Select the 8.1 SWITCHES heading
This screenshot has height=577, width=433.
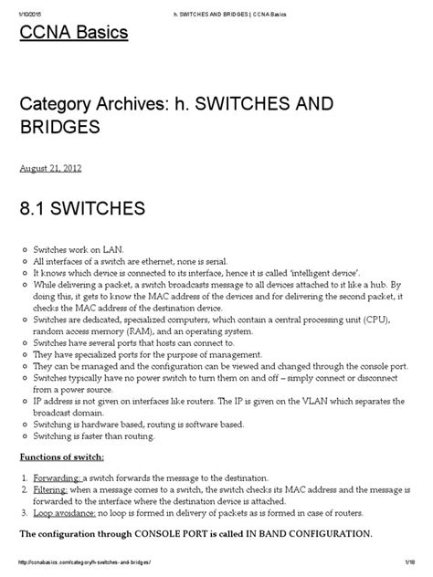82,209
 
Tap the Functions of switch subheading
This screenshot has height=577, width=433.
61,456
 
